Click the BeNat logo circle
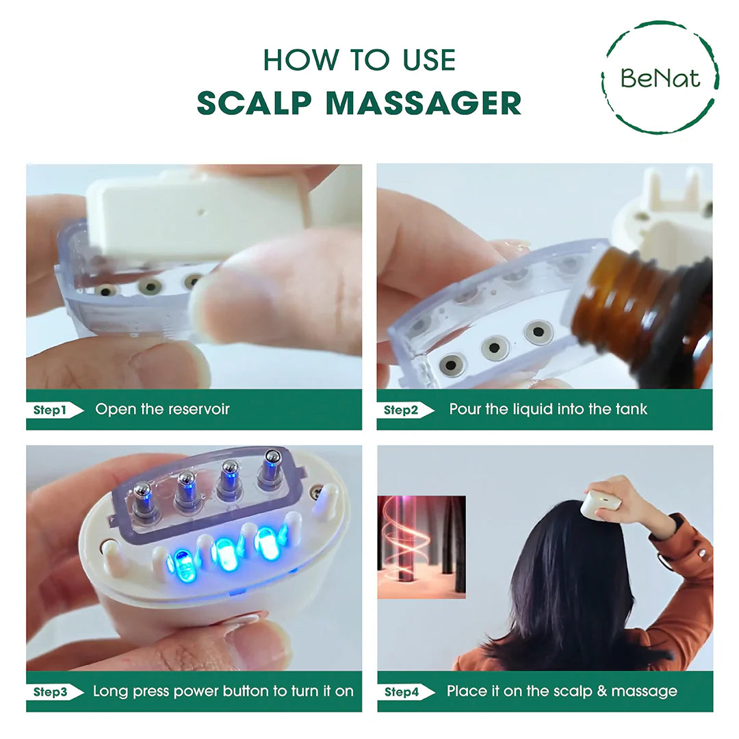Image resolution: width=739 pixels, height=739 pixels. (660, 77)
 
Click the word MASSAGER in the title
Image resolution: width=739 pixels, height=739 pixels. (423, 103)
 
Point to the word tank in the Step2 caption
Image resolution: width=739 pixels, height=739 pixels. (632, 410)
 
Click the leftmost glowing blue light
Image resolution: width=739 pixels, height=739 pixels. (181, 563)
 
